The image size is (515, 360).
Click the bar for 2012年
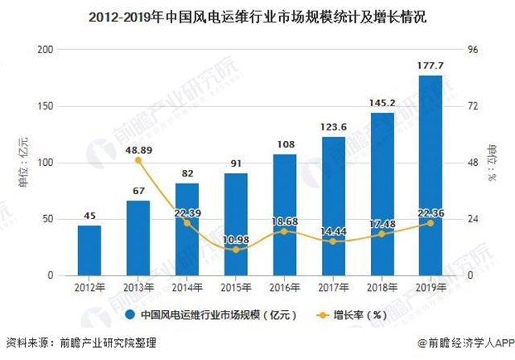[x=89, y=250]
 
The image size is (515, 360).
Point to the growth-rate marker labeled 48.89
[x=138, y=160]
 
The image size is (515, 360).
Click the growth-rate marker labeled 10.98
[x=236, y=250]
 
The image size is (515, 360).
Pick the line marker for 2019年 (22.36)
[x=431, y=223]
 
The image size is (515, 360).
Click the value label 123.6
[x=333, y=127]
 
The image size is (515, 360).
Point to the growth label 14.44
[x=333, y=231]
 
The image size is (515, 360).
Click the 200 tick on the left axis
[x=45, y=50]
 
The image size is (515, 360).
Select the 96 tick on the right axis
[x=473, y=50]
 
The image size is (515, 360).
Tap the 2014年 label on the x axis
[x=187, y=288]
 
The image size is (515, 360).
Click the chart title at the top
[x=257, y=14]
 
